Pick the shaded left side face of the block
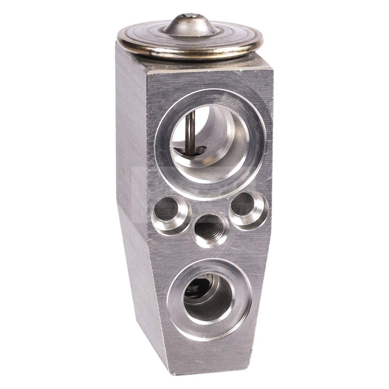pyautogui.click(x=130, y=182)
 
